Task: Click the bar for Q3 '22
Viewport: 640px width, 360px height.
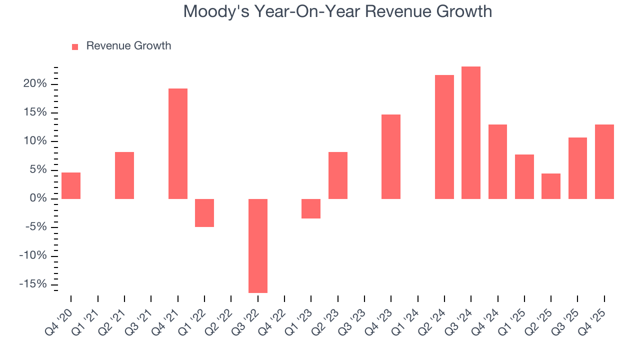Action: pos(258,245)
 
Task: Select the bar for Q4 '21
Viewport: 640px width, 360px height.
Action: pos(178,143)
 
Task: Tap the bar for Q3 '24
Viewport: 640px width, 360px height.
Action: pos(471,132)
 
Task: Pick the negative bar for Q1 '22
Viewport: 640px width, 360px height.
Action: pos(204,213)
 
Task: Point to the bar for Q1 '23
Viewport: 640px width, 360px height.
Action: pos(311,208)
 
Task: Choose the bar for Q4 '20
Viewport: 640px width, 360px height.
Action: pos(71,185)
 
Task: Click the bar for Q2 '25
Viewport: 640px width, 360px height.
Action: pos(551,186)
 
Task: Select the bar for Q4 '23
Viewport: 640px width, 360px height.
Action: pos(391,156)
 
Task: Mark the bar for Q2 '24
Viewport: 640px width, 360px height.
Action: pos(444,137)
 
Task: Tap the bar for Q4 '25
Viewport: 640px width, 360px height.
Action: pos(604,161)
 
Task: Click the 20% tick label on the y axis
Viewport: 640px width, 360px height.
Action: pos(35,84)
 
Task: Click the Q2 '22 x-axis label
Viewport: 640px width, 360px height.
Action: pos(220,316)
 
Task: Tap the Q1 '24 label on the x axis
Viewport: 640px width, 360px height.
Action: pos(406,316)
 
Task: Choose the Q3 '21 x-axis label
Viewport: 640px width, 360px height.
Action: pos(140,316)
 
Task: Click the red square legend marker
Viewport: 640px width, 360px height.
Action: pos(75,47)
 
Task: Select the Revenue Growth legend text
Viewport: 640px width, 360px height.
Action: pos(128,46)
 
